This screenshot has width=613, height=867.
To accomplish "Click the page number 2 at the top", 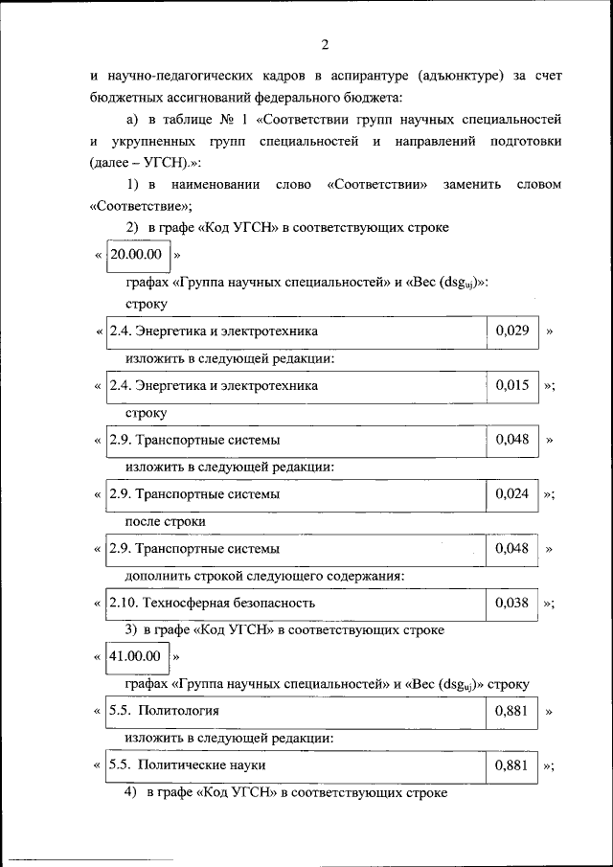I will click(x=324, y=44).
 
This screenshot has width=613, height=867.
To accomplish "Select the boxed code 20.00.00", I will click(x=135, y=255).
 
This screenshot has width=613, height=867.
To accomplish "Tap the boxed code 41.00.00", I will click(x=135, y=657).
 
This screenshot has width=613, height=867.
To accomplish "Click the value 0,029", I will click(x=511, y=331).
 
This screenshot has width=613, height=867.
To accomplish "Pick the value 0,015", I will click(x=511, y=385).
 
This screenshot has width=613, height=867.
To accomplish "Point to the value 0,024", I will click(x=511, y=494).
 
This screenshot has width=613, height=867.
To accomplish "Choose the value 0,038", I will click(x=511, y=604).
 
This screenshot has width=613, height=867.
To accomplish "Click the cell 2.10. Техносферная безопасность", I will click(x=212, y=604).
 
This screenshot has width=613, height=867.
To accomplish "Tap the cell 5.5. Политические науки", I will click(x=187, y=765).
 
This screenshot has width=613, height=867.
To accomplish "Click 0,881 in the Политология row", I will click(x=511, y=711).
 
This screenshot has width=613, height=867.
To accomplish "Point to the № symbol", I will click(x=231, y=119).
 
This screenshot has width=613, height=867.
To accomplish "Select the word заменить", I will click(x=468, y=183).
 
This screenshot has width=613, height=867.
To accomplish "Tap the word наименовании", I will click(x=212, y=183).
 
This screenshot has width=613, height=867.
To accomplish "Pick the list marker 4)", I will click(x=131, y=792).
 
